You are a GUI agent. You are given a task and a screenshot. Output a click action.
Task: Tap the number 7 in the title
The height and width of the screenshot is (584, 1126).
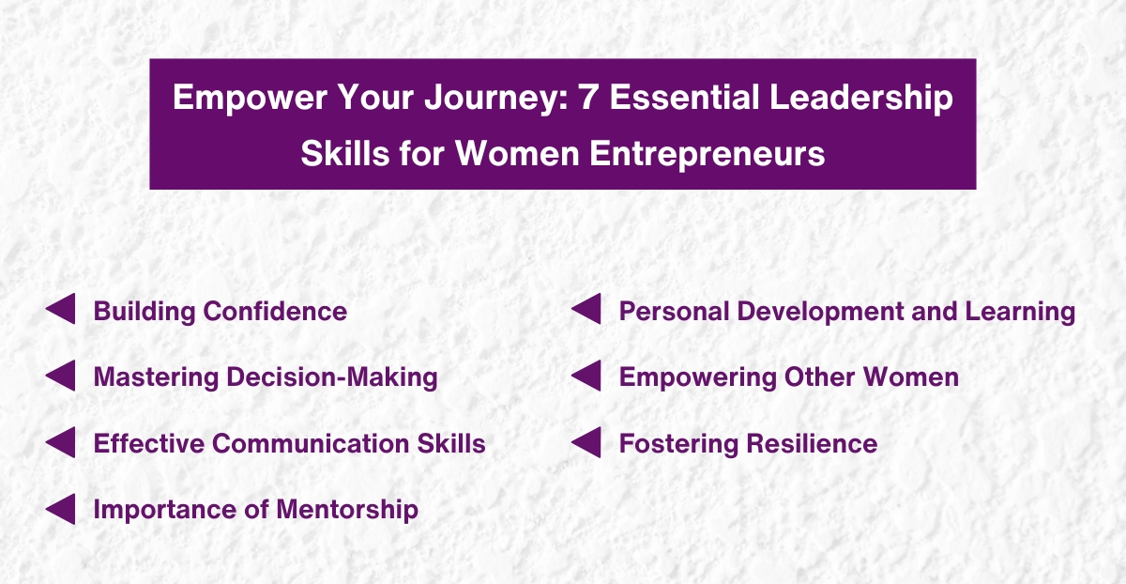point(588,99)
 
